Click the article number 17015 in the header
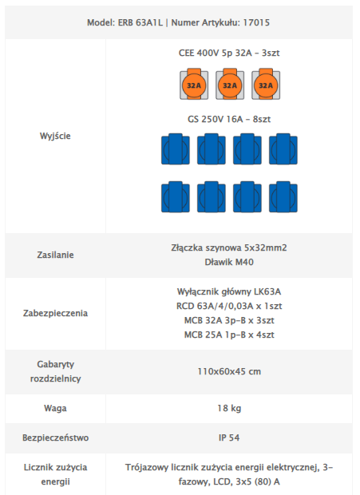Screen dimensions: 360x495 coord(256,22)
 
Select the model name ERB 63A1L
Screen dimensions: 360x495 coord(140,22)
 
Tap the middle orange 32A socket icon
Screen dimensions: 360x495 coord(230,85)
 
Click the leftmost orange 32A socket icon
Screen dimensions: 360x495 coord(194,85)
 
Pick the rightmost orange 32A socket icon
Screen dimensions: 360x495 coord(266,85)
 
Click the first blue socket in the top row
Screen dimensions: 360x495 coord(176,149)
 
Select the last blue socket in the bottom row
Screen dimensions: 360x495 coord(283,196)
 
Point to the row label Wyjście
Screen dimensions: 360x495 coord(55,136)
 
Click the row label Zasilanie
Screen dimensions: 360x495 coord(55,255)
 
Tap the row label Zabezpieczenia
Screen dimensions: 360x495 coord(55,313)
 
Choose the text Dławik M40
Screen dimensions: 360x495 coord(229,262)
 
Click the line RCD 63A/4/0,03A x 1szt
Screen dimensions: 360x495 coord(229,306)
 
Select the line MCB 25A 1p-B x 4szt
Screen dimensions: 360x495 coord(229,335)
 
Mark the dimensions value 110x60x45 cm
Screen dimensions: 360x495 coord(229,371)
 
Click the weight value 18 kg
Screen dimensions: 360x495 coord(229,408)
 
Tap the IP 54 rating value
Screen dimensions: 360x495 coord(229,438)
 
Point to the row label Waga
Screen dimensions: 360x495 coord(55,408)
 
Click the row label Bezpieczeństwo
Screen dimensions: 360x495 coord(55,438)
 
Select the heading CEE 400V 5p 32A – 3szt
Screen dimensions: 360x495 coord(229,53)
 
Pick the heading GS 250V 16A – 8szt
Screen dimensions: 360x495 coord(229,119)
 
